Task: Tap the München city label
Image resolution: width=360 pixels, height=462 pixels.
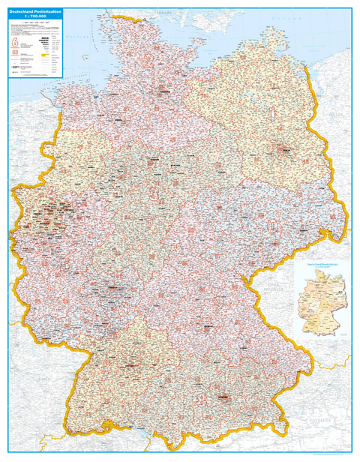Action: tap(222, 396)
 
